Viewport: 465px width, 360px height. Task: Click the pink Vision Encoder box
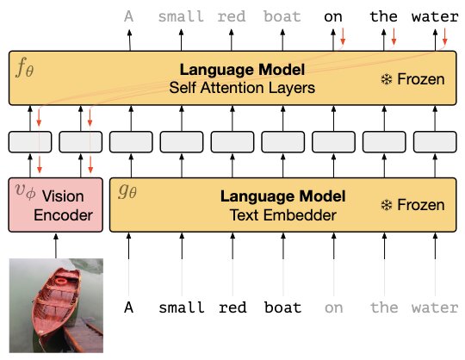click(x=56, y=205)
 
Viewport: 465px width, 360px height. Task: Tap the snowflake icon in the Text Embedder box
click(x=387, y=205)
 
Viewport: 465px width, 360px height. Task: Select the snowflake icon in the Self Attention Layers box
click(x=387, y=79)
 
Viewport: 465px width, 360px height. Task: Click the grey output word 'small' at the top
click(x=181, y=16)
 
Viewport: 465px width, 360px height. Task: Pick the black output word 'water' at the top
click(x=435, y=16)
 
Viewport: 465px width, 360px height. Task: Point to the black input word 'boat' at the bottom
click(x=283, y=307)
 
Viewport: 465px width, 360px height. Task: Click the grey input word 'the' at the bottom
click(x=384, y=307)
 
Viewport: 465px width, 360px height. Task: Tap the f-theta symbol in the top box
click(x=24, y=68)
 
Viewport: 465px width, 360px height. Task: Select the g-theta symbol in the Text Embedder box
click(x=127, y=191)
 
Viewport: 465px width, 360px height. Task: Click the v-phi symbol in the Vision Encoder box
click(x=26, y=191)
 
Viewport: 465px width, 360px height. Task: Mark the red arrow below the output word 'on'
click(x=343, y=36)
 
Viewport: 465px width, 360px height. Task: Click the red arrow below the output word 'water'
click(x=444, y=36)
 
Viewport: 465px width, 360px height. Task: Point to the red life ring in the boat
click(x=62, y=281)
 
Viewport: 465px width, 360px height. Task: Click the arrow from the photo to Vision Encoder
click(x=56, y=245)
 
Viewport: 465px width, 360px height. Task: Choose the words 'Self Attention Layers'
click(x=242, y=88)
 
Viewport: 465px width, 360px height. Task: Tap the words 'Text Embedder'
click(x=283, y=215)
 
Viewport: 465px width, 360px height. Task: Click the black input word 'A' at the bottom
click(x=128, y=307)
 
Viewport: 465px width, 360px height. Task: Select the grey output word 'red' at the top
click(x=232, y=16)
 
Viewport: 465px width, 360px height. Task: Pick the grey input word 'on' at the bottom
click(x=333, y=308)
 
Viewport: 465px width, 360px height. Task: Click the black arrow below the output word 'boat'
click(x=282, y=40)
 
